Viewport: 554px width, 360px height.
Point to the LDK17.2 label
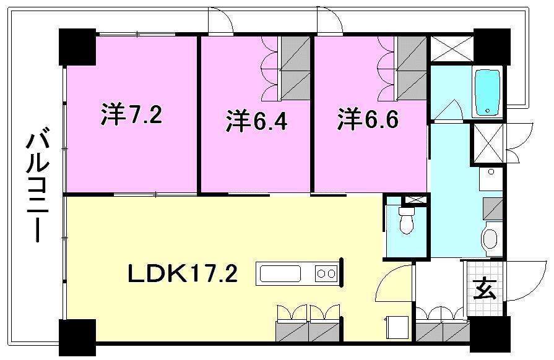(183, 273)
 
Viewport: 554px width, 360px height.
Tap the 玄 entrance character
(485, 289)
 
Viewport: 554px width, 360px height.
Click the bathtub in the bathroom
(487, 93)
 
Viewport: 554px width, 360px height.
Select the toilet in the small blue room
(406, 221)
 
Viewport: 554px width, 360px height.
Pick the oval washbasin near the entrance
(490, 239)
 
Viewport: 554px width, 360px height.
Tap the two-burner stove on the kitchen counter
(326, 273)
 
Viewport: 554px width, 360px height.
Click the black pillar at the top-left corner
(77, 47)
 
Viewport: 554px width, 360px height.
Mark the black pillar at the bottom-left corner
(77, 338)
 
